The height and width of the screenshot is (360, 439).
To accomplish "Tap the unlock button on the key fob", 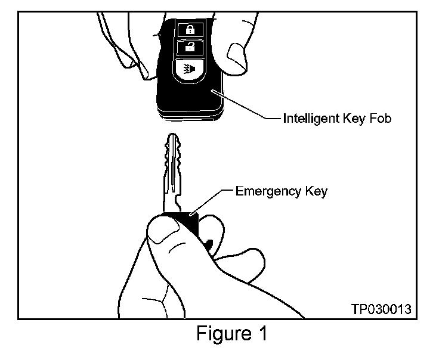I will (x=188, y=48).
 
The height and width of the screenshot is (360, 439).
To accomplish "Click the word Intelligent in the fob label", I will (x=309, y=119).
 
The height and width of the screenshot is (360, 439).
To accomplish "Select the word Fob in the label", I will (x=379, y=119).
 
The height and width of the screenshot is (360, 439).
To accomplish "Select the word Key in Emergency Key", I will (x=314, y=192).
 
